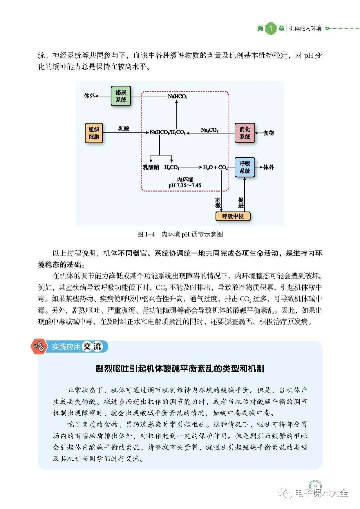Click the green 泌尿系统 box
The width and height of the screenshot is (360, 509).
point(121,96)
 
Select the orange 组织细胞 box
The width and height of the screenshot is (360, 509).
point(94,133)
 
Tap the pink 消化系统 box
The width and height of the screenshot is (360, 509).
point(245,133)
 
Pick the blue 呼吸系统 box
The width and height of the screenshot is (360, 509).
point(245,167)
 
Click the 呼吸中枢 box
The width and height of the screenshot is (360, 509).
point(233,216)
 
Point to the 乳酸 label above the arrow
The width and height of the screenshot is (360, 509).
point(124,128)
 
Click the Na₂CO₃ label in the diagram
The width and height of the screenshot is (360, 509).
point(210,130)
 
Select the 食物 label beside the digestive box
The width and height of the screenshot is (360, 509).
point(269,133)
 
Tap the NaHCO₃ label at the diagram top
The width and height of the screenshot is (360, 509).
point(177,96)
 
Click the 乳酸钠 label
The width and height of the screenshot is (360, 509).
point(151,167)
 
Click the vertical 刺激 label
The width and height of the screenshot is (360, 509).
point(218,202)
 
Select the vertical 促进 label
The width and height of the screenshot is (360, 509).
point(241,202)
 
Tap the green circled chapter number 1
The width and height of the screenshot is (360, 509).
point(271,29)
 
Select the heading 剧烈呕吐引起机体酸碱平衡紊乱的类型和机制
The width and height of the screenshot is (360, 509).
point(180,368)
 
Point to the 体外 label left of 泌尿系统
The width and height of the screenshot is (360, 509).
point(89,96)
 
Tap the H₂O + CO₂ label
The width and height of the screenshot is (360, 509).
point(215,167)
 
